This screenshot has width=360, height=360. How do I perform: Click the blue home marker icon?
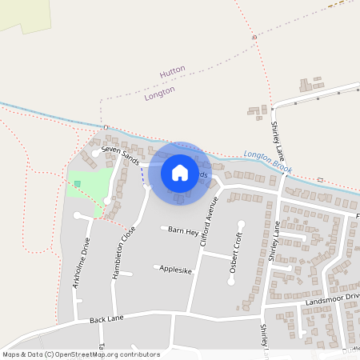180,173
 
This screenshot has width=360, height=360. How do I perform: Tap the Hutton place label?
173,70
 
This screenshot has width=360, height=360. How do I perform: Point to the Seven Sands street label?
120,154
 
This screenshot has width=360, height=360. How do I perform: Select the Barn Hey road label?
182,230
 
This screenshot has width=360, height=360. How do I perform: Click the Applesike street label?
176,270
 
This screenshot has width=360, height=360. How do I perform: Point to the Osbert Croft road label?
234,254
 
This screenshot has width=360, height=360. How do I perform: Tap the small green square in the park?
78,184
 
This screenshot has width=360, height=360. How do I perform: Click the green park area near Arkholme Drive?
92,188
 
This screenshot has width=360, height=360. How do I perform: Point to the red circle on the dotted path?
254,38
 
